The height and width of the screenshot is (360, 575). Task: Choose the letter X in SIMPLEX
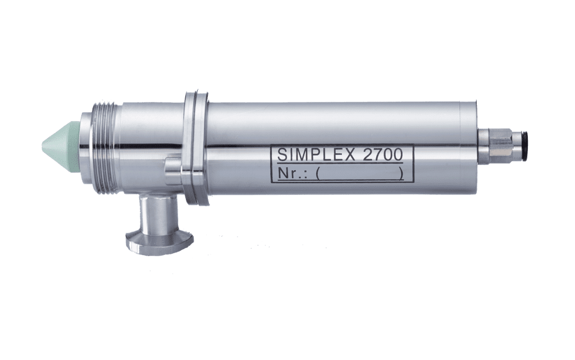[353, 155]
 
